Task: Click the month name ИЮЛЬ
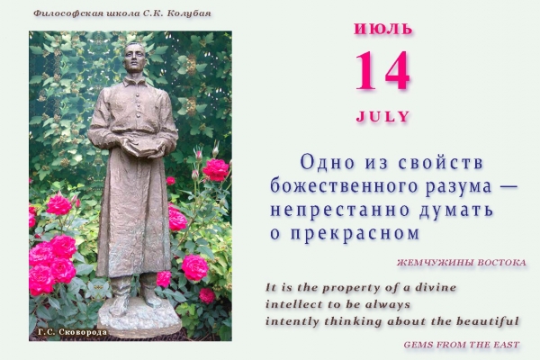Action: click(383, 29)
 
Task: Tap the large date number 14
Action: click(382, 70)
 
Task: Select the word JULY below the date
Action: click(383, 116)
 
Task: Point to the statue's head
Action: click(133, 58)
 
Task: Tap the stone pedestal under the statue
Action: click(139, 318)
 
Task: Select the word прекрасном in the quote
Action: click(355, 234)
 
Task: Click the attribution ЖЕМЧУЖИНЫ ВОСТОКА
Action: click(461, 263)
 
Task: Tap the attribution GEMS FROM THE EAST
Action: click(462, 345)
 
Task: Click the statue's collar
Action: click(135, 82)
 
